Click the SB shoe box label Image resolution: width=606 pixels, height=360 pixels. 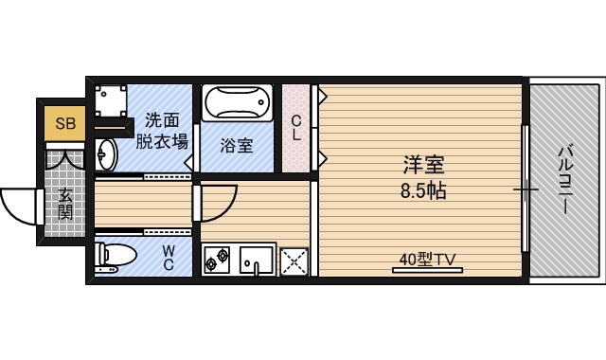[x=65, y=123]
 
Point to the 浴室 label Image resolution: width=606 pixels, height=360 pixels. [x=236, y=146]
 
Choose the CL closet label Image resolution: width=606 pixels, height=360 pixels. [x=296, y=128]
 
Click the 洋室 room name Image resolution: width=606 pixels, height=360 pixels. [x=421, y=164]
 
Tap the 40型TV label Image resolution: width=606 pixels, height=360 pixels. [x=428, y=259]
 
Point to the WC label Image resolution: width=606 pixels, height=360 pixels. [x=168, y=257]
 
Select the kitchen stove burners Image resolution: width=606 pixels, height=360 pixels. [x=217, y=259]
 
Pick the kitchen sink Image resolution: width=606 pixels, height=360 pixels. [x=256, y=259]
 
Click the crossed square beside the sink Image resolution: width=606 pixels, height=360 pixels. [x=294, y=259]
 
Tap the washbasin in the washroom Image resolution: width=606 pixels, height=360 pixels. [x=106, y=153]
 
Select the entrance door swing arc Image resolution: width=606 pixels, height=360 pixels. [x=19, y=203]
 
